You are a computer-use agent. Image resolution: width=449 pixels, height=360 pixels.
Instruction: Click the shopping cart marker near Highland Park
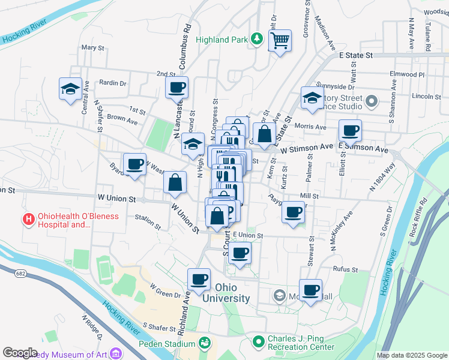280,41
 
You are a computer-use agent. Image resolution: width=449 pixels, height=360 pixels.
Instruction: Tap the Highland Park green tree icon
256,39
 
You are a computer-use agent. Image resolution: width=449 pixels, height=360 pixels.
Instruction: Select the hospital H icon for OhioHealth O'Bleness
28,220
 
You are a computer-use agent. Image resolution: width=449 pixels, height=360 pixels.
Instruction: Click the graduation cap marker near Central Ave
70,90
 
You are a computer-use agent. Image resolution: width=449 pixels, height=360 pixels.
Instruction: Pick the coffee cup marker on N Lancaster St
177,88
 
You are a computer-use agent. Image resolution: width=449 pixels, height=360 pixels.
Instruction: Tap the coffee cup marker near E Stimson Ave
350,130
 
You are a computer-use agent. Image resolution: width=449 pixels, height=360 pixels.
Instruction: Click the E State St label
356,55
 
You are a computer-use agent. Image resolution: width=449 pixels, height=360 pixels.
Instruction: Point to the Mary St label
92,47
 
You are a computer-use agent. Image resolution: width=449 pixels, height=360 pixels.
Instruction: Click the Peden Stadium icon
205,343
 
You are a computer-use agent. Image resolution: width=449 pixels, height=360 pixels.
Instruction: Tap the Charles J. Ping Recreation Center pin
259,342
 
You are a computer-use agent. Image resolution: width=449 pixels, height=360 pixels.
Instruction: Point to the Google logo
20,353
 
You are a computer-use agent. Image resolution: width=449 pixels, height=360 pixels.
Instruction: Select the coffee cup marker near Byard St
134,164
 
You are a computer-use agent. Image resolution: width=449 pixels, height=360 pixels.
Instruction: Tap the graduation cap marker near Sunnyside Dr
312,99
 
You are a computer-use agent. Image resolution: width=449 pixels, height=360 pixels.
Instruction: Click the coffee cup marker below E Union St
240,253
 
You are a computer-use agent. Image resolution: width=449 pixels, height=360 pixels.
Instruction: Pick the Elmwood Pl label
406,75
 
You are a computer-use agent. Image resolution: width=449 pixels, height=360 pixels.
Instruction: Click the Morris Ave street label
311,127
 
